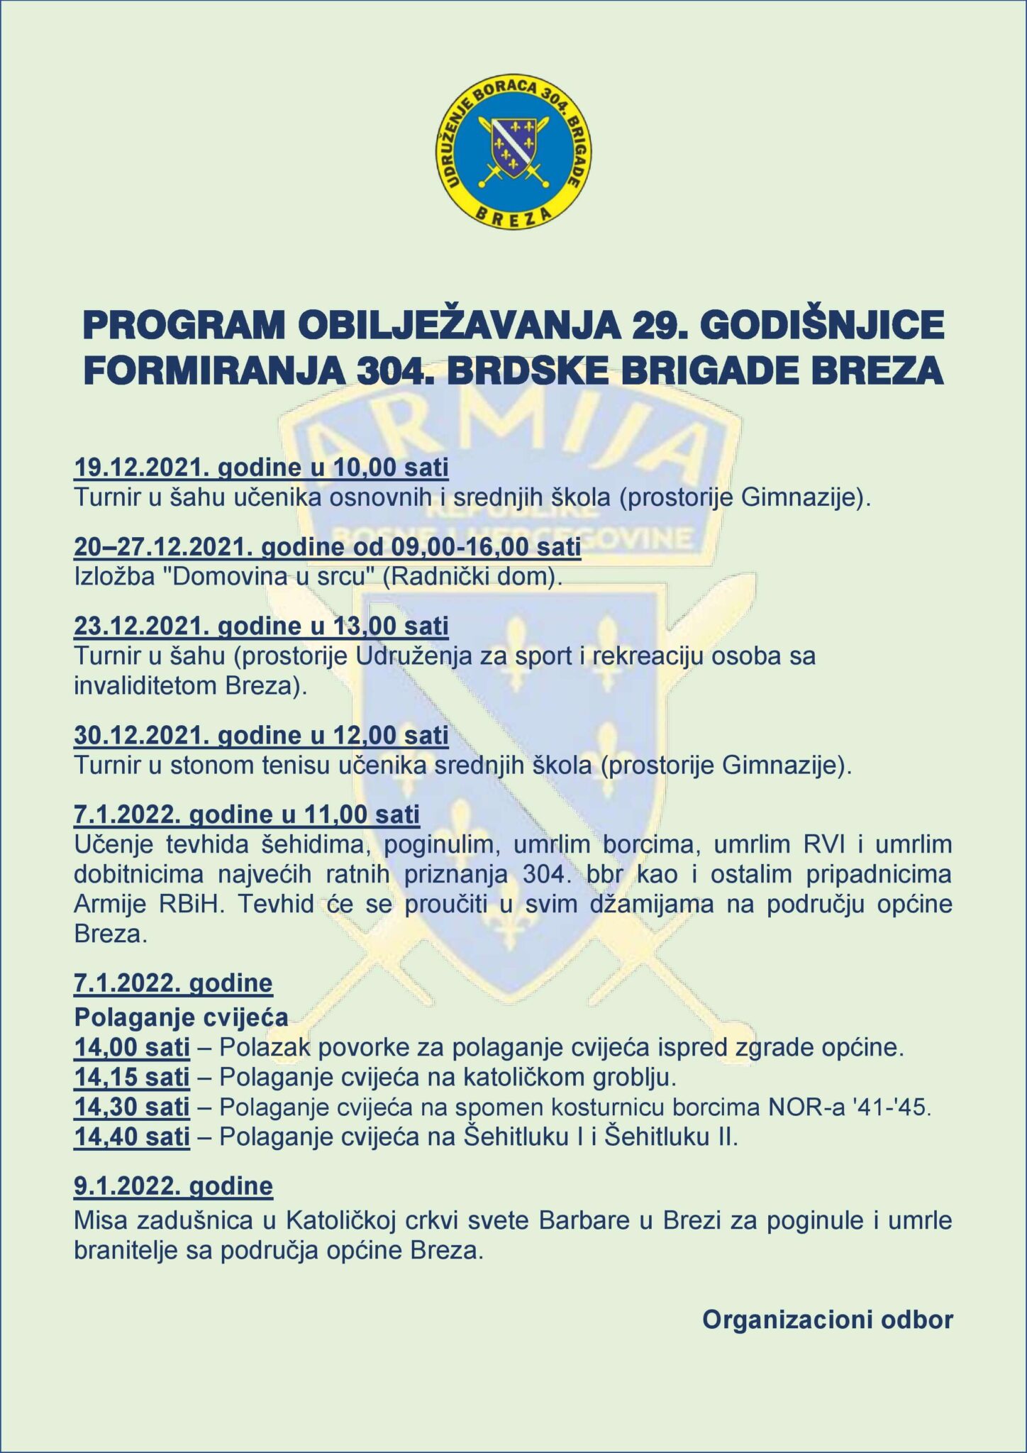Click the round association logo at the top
tap(513, 152)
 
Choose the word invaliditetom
tap(145, 685)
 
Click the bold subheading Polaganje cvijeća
tap(181, 1017)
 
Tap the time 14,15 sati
tap(132, 1077)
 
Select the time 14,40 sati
tap(132, 1137)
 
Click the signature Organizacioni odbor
tap(827, 1319)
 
